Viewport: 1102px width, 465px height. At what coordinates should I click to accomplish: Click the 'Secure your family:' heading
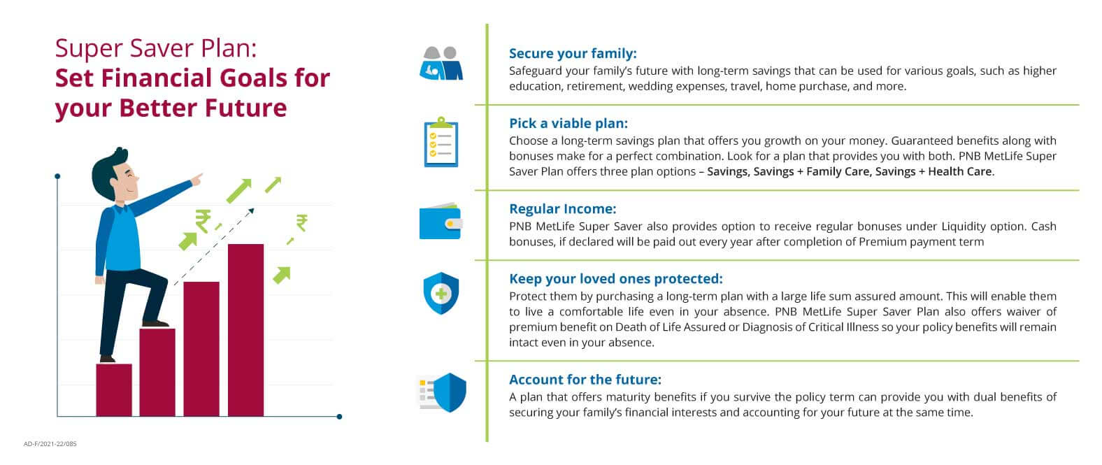pyautogui.click(x=573, y=53)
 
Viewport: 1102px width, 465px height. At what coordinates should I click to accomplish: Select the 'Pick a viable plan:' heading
pyautogui.click(x=568, y=123)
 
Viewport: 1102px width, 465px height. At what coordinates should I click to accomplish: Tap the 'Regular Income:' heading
pyautogui.click(x=562, y=208)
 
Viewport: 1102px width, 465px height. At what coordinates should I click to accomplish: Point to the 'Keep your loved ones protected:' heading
pyautogui.click(x=615, y=278)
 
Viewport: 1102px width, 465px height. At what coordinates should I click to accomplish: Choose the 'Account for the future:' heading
pyautogui.click(x=585, y=380)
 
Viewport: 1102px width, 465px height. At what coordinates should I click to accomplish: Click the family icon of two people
pyautogui.click(x=441, y=64)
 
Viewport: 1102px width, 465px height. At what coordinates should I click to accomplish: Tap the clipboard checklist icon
pyautogui.click(x=441, y=142)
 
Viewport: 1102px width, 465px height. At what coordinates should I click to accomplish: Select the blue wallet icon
pyautogui.click(x=440, y=222)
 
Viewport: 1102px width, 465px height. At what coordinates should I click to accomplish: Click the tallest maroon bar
pyautogui.click(x=245, y=330)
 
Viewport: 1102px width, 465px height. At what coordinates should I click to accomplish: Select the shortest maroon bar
pyautogui.click(x=114, y=389)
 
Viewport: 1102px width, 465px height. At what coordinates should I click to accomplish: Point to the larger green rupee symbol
pyautogui.click(x=203, y=221)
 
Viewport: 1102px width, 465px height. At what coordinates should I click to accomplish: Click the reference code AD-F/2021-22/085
pyautogui.click(x=50, y=444)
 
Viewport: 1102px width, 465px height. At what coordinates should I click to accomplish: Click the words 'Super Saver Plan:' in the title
pyautogui.click(x=156, y=48)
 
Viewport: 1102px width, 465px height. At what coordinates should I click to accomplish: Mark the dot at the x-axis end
pyautogui.click(x=339, y=417)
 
